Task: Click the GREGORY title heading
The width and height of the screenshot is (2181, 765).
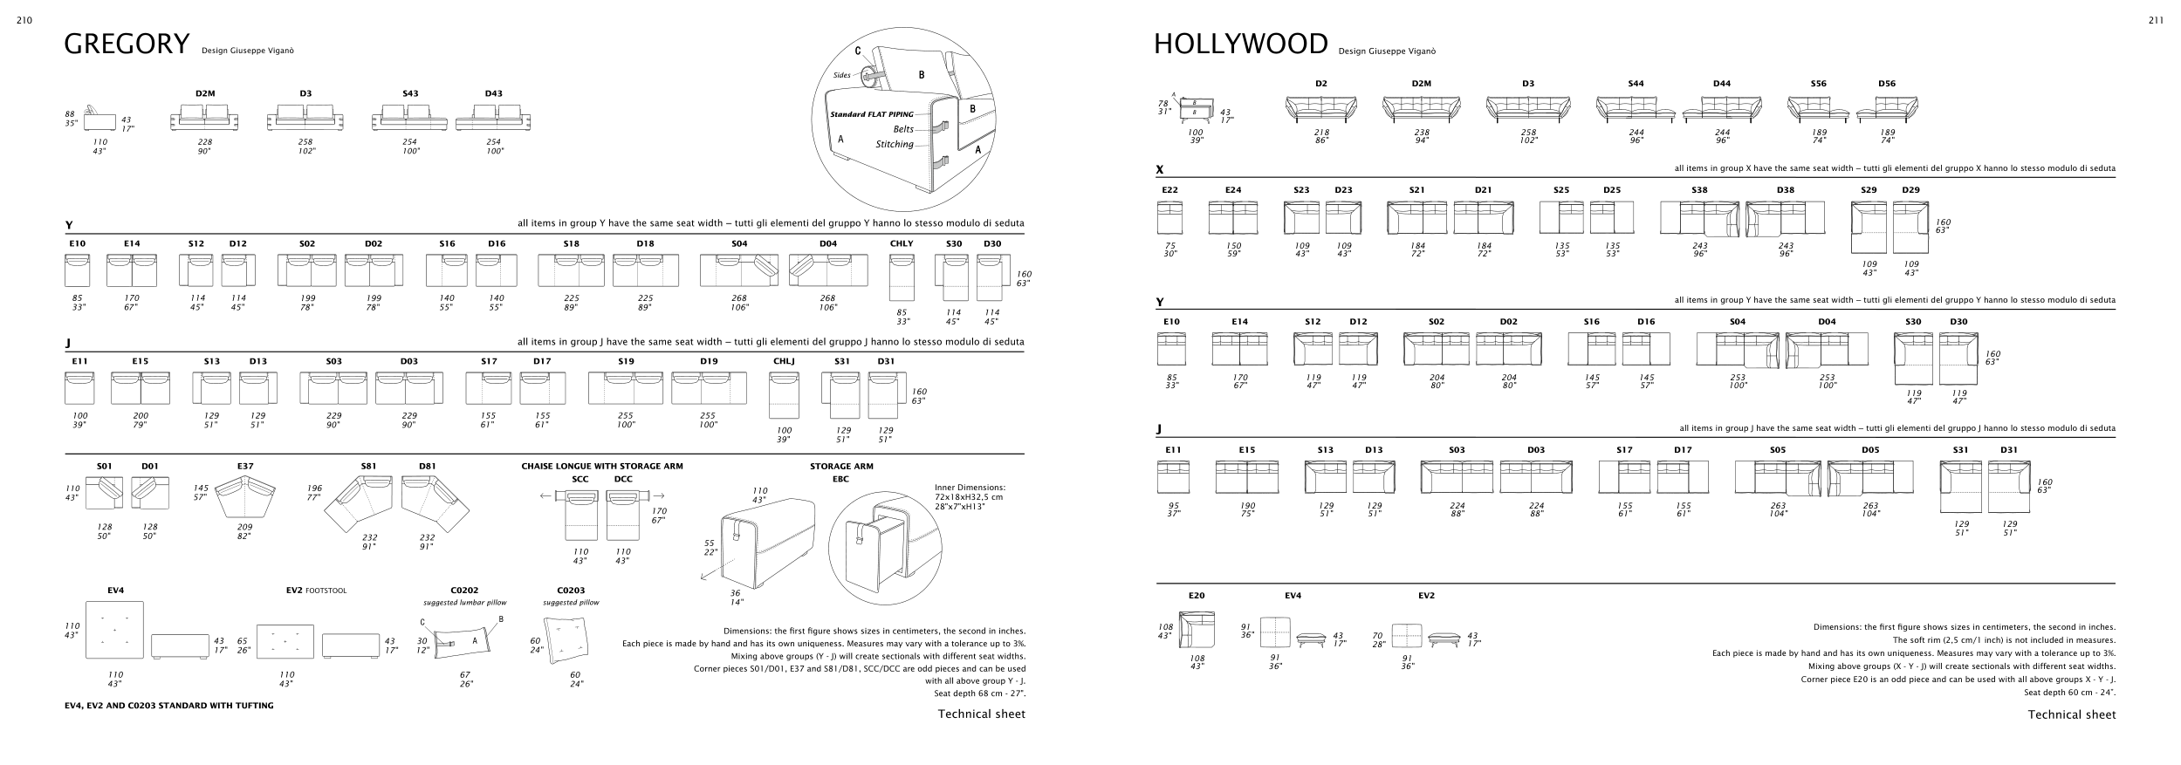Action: (127, 44)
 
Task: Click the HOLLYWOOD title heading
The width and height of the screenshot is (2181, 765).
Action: (1240, 44)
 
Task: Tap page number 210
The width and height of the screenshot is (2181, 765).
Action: (24, 21)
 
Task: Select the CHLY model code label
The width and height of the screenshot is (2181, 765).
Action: (902, 244)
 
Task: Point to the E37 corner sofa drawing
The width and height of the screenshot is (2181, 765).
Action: (245, 495)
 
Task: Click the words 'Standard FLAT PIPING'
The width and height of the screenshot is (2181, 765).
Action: (871, 114)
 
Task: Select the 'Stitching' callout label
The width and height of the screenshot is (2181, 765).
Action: (895, 145)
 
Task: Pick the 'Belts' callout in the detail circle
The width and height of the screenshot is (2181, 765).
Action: (903, 130)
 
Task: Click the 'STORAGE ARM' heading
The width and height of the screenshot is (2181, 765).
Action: (841, 467)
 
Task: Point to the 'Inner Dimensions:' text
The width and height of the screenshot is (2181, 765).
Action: (970, 488)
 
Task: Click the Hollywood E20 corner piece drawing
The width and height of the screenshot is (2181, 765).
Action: (1197, 630)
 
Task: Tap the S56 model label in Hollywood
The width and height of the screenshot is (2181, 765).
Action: (1818, 84)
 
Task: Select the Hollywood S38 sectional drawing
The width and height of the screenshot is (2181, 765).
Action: (1698, 219)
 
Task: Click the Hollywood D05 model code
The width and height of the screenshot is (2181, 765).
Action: (1870, 450)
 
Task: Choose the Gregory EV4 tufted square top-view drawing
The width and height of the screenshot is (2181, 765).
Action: (114, 629)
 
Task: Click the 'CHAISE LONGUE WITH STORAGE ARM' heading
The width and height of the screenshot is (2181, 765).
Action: (602, 467)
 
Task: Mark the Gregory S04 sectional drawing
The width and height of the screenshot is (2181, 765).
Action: (738, 270)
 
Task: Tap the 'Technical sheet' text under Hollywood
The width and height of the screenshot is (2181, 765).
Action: (2071, 714)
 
